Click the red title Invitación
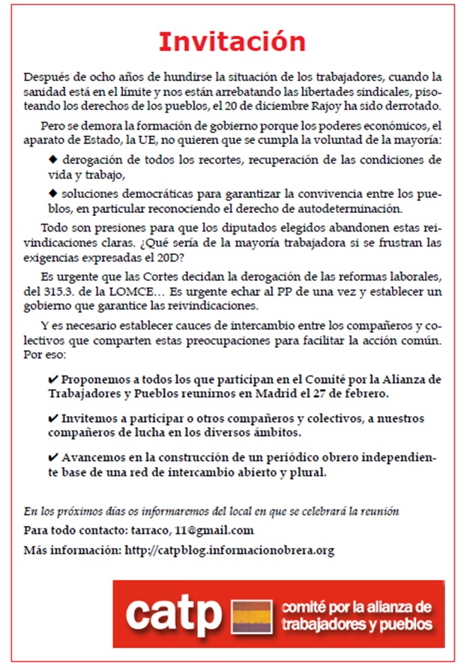(232, 41)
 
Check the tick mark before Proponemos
(52, 379)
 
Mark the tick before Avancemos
(52, 457)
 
